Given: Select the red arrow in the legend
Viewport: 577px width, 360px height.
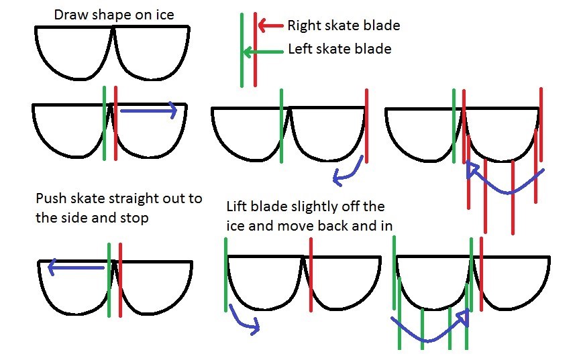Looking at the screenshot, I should pyautogui.click(x=270, y=25).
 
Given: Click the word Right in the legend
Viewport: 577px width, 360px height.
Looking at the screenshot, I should pyautogui.click(x=303, y=26).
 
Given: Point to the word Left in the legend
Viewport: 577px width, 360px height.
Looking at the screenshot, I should pyautogui.click(x=300, y=49).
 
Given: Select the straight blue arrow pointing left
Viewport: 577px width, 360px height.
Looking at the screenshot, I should pyautogui.click(x=76, y=267).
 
